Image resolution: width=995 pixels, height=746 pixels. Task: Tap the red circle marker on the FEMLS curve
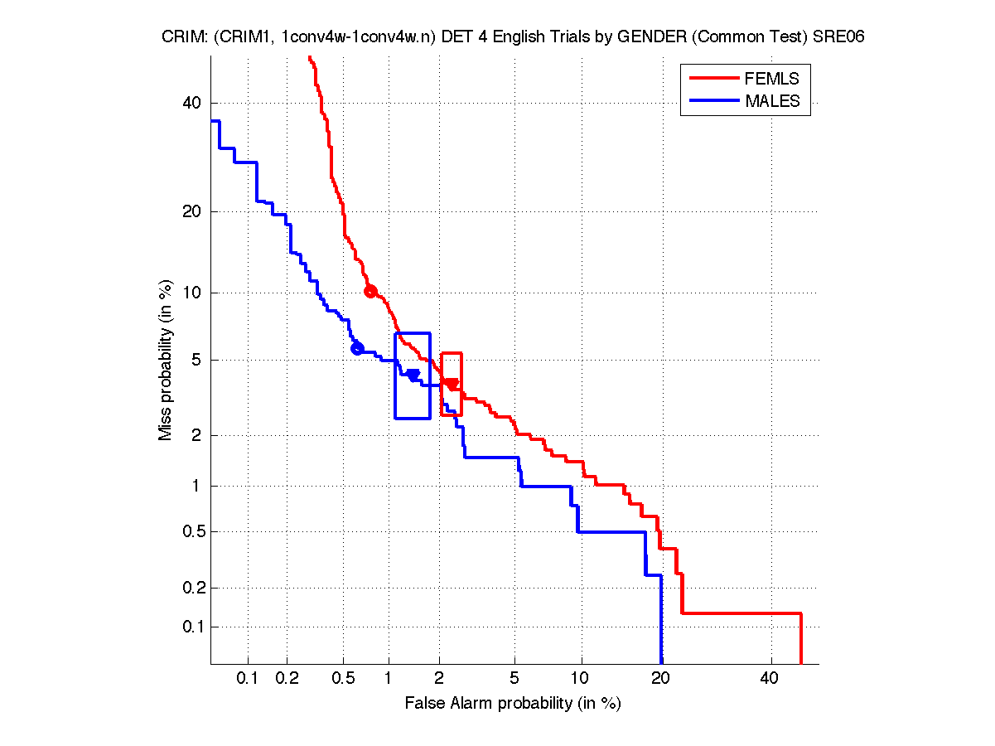click(370, 291)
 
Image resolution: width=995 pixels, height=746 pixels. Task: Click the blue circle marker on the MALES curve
click(357, 348)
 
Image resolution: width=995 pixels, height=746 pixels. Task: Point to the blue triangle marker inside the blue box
click(413, 375)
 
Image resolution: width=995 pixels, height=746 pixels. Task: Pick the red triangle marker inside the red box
click(452, 384)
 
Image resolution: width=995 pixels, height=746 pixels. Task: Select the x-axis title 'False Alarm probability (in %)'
click(512, 704)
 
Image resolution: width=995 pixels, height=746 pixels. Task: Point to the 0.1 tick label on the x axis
click(248, 679)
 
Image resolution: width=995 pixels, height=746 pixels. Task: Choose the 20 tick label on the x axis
click(660, 679)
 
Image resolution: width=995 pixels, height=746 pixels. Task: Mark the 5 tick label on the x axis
click(514, 679)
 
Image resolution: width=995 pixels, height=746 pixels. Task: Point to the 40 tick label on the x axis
click(769, 679)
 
